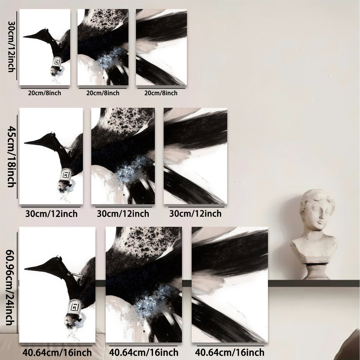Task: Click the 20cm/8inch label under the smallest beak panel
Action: coord(45,93)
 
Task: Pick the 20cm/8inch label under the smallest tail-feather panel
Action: coord(161,93)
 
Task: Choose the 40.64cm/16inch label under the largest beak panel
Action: coord(57,352)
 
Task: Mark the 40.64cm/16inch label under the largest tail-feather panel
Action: coord(230,352)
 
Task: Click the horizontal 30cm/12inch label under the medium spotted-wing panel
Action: coord(123,214)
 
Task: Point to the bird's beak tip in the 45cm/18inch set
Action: coord(25,143)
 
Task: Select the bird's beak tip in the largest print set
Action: coord(25,269)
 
